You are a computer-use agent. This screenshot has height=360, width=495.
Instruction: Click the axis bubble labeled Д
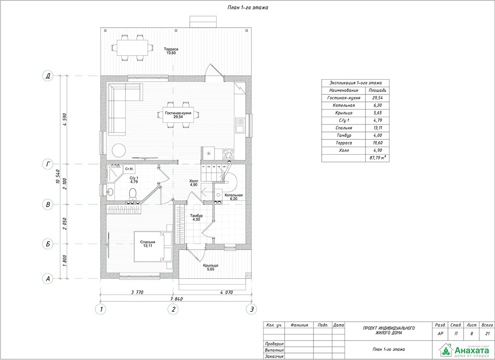[48, 76]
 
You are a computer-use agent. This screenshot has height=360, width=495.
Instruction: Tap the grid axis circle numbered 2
[173, 309]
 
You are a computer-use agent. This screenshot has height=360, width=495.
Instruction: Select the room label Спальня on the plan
[148, 242]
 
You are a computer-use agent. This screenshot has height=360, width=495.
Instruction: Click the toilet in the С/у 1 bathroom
[132, 193]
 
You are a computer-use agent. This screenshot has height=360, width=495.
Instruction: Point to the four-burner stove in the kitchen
[228, 154]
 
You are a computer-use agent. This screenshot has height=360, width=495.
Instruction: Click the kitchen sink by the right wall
[240, 125]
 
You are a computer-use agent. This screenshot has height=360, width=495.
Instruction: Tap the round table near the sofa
[119, 151]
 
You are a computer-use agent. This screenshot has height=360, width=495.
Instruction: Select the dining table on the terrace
[132, 48]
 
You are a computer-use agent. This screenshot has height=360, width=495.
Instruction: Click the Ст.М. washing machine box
[129, 169]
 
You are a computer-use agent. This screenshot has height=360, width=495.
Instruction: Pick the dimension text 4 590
[65, 120]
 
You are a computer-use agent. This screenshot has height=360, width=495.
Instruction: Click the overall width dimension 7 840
[177, 299]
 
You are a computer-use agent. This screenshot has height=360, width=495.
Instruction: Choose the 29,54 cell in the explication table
[377, 98]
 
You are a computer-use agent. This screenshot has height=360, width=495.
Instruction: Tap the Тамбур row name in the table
[344, 135]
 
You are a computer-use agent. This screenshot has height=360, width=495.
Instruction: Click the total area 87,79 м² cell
[377, 158]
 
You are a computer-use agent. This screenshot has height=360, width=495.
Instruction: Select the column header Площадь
[377, 90]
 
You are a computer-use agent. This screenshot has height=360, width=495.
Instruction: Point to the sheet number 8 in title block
[471, 334]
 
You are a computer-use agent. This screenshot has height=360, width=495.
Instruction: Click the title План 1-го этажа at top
[248, 7]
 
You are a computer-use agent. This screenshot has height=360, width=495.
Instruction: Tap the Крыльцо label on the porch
[211, 266]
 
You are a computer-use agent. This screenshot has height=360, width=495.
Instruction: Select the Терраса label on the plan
[171, 49]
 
